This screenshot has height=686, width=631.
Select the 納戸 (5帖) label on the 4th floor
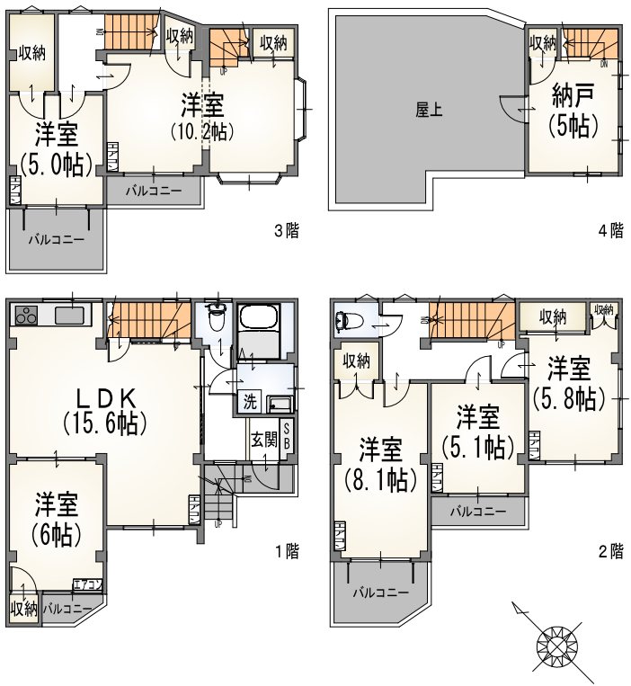(x=573, y=111)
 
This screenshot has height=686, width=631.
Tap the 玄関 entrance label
(x=263, y=441)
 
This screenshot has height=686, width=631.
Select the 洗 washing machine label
(x=250, y=401)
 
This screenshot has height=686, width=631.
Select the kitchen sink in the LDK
(x=68, y=316)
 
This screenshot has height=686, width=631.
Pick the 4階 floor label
(x=611, y=230)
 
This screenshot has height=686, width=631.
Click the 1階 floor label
(x=287, y=550)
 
